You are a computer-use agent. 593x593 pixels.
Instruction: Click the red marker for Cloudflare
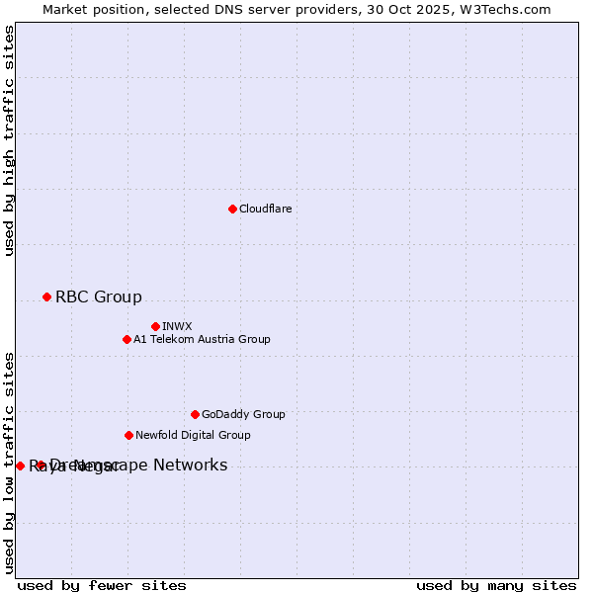[x=232, y=209]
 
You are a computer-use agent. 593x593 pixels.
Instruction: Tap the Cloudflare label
[x=266, y=210]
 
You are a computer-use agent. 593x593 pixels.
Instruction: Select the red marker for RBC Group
[x=46, y=296]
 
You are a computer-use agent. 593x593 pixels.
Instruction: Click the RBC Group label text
[x=99, y=297]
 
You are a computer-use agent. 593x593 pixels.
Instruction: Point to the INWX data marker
[x=155, y=326]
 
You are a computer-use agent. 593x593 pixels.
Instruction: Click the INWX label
[x=177, y=327]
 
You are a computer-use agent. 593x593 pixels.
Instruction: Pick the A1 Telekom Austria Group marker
[x=127, y=339]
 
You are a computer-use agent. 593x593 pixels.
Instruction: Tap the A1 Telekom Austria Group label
[x=202, y=340]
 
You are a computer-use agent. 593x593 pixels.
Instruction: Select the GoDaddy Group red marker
[x=195, y=414]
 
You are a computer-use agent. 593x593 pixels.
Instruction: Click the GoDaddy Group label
[x=243, y=415]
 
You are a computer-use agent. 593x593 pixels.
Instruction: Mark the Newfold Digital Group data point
[x=128, y=435]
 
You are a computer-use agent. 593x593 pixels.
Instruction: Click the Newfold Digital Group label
[x=193, y=436]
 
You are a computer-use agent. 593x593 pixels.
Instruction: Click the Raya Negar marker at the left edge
[x=20, y=466]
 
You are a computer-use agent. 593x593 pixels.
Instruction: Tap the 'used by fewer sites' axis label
[x=102, y=586]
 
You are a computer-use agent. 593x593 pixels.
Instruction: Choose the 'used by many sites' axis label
[x=496, y=586]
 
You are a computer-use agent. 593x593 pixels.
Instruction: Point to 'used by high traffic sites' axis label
[x=10, y=140]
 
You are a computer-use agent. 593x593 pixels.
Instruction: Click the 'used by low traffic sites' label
[x=10, y=463]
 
